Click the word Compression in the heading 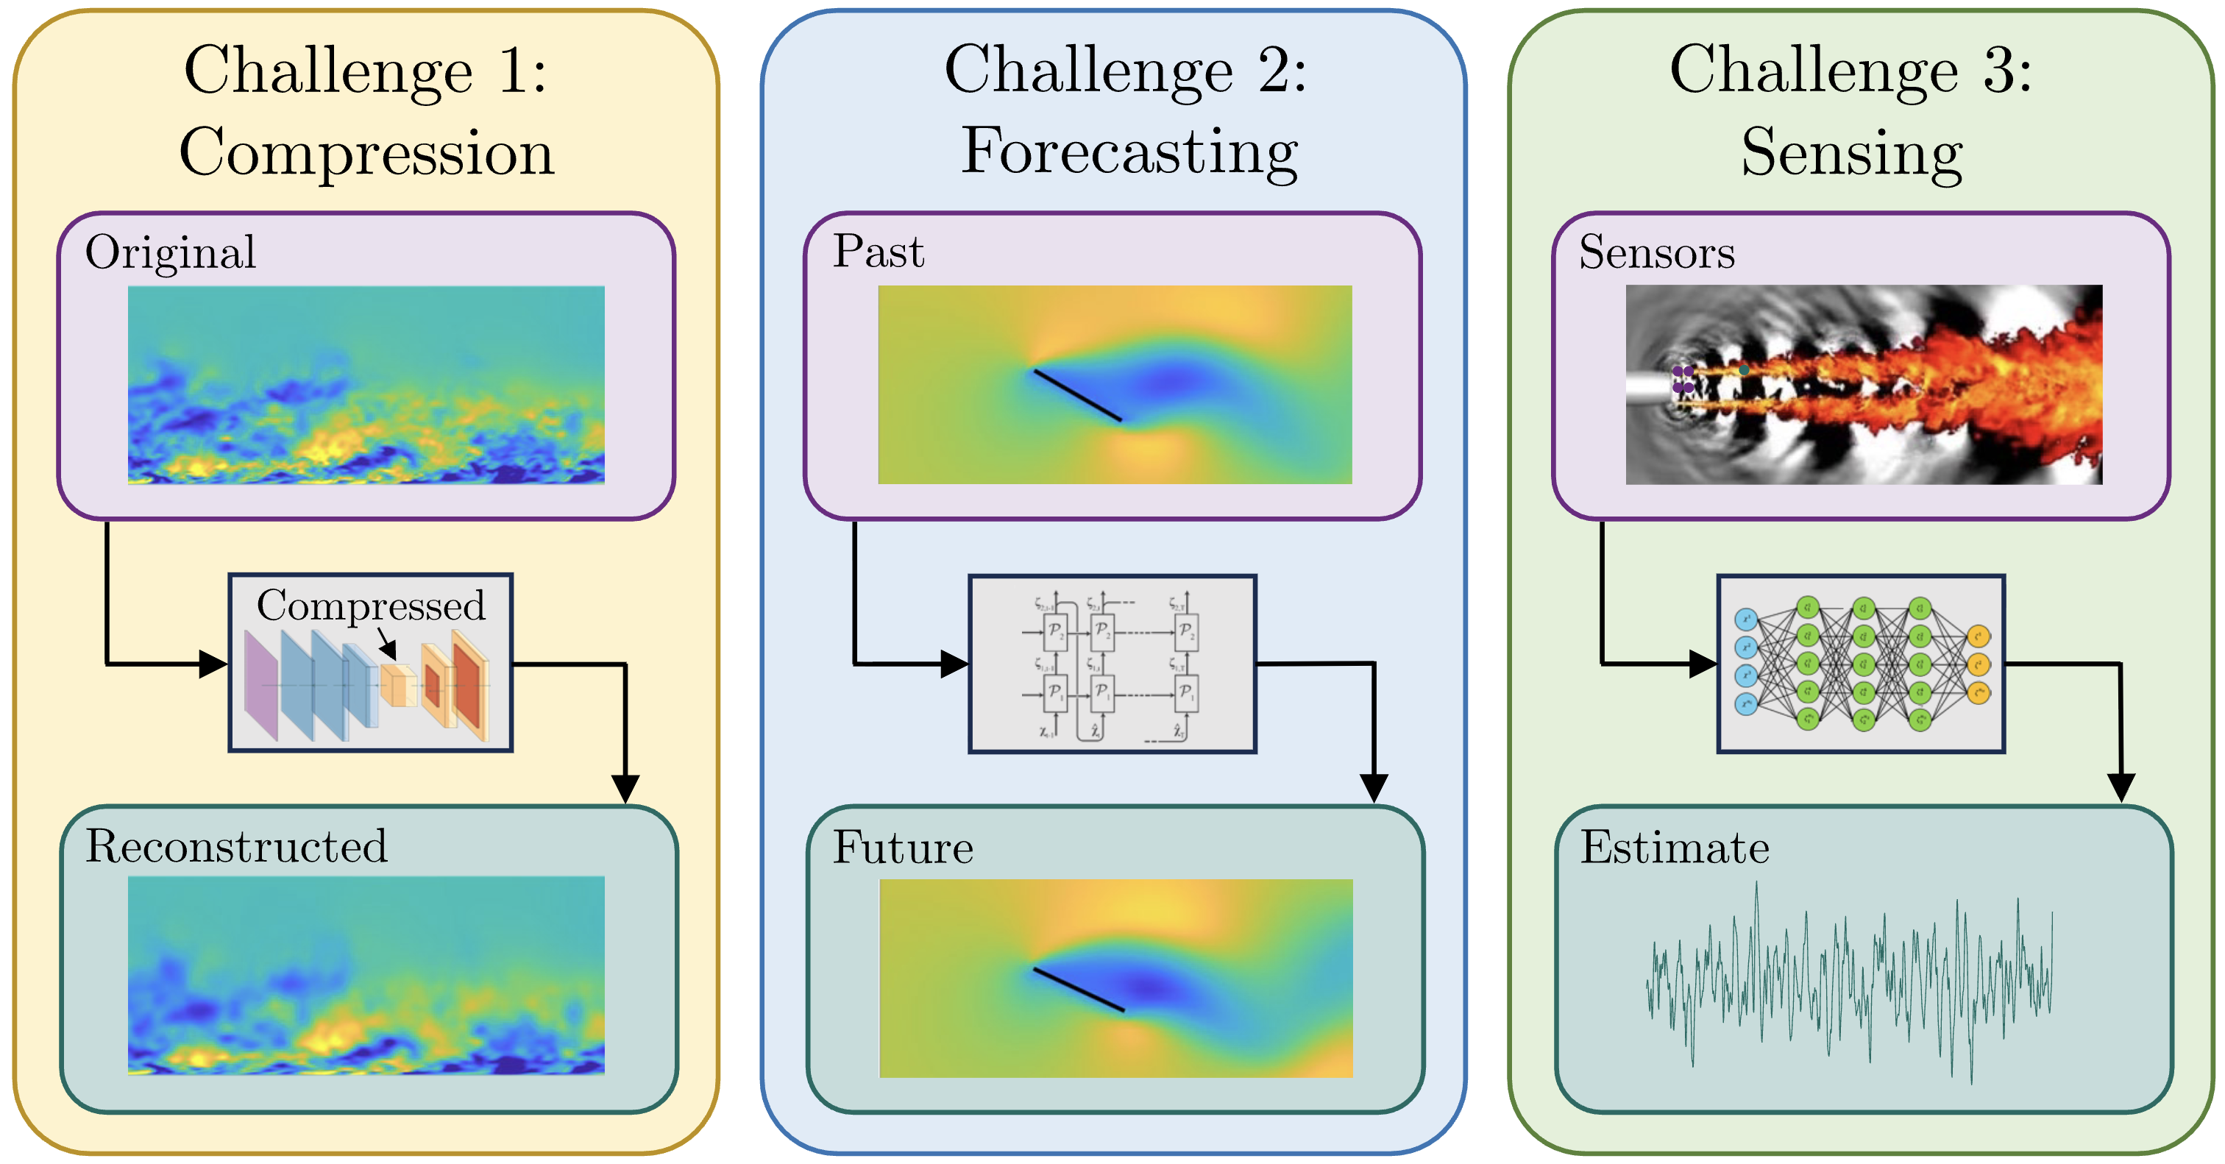tap(366, 153)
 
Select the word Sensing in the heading tap(1852, 153)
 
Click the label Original tap(170, 253)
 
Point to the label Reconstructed tap(235, 846)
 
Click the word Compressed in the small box tap(371, 606)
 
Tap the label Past tap(878, 252)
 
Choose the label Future tap(903, 847)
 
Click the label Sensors tap(1657, 253)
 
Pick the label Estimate tap(1674, 847)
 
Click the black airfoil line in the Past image tap(1077, 396)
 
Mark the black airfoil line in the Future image tap(1078, 990)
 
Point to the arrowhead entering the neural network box tap(1703, 664)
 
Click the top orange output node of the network tap(1978, 637)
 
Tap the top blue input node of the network tap(1745, 619)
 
